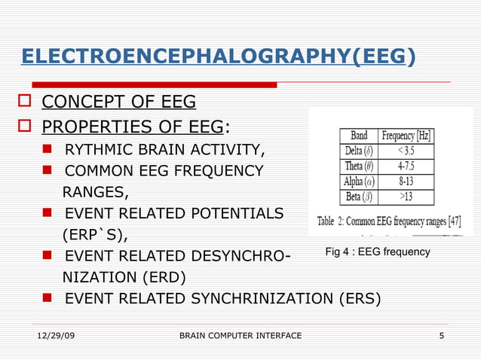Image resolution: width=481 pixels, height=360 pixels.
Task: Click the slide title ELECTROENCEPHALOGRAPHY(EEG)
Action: [x=218, y=56]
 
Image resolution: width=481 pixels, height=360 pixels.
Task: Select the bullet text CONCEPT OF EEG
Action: [x=118, y=102]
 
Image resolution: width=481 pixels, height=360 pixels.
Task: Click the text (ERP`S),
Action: [x=94, y=234]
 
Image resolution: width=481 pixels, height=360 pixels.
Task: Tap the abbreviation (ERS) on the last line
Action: [x=356, y=298]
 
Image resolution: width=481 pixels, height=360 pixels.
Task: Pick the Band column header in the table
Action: [x=360, y=136]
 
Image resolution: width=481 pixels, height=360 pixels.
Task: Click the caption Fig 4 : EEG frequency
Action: [x=377, y=252]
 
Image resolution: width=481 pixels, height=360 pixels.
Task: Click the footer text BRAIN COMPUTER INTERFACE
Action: [x=240, y=335]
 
